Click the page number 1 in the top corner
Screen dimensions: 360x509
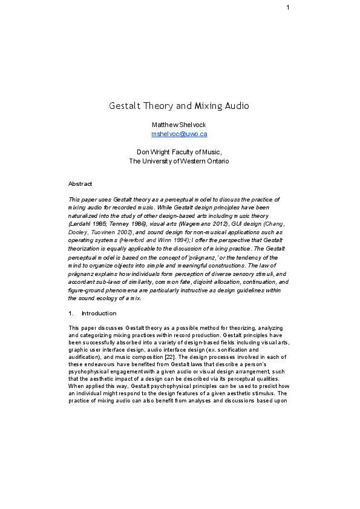tap(288, 7)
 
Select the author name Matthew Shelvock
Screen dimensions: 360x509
tap(179, 124)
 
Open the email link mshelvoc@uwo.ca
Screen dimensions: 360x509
tap(179, 134)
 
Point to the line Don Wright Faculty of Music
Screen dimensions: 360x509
tap(179, 152)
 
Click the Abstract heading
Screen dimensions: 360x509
tap(80, 183)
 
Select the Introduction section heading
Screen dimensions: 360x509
tap(99, 314)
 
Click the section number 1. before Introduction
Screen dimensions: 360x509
tap(72, 314)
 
